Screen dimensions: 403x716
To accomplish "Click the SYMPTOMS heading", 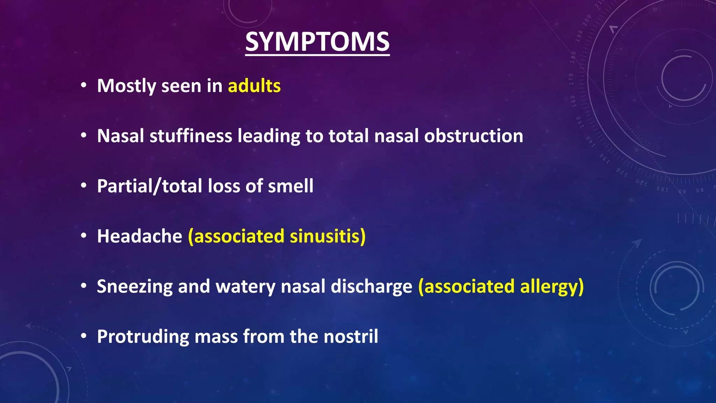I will tap(317, 42).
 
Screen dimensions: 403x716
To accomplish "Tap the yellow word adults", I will tap(254, 86).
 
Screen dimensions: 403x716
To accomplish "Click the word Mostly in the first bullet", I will tap(126, 86).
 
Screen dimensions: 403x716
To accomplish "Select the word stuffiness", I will tap(191, 136).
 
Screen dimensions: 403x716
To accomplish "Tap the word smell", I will tap(291, 186).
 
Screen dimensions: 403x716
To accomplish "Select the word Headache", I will tap(139, 236).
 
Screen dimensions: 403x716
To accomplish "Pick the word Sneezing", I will tap(135, 287).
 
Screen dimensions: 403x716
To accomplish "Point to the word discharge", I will tap(371, 287).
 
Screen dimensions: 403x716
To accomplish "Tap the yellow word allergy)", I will tap(552, 287).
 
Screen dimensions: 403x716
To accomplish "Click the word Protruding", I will tap(143, 337).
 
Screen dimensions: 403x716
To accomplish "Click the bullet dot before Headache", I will tap(83, 236).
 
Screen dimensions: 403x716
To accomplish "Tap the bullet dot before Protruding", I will tap(83, 337).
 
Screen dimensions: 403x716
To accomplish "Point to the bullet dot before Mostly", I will tap(83, 86).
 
